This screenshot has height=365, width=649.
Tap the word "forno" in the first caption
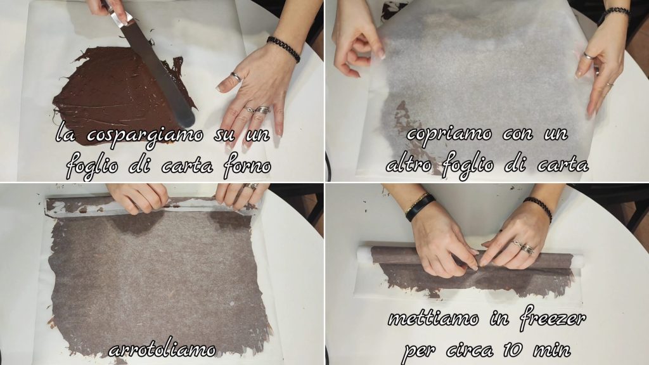pyautogui.click(x=247, y=166)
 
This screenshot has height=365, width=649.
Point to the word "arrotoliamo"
pyautogui.click(x=162, y=350)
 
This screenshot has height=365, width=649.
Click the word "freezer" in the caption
pyautogui.click(x=553, y=319)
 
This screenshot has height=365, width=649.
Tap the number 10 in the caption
pyautogui.click(x=514, y=350)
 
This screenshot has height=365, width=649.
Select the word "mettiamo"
pyautogui.click(x=434, y=318)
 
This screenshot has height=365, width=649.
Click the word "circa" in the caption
pyautogui.click(x=470, y=350)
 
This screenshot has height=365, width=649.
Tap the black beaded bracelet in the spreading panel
pyautogui.click(x=283, y=49)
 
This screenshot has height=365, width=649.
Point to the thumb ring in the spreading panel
pyautogui.click(x=236, y=77)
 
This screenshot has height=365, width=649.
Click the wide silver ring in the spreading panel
pyautogui.click(x=262, y=110)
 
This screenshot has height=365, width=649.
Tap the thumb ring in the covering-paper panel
pyautogui.click(x=589, y=56)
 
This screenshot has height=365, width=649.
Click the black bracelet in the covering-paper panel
pyautogui.click(x=614, y=14)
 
